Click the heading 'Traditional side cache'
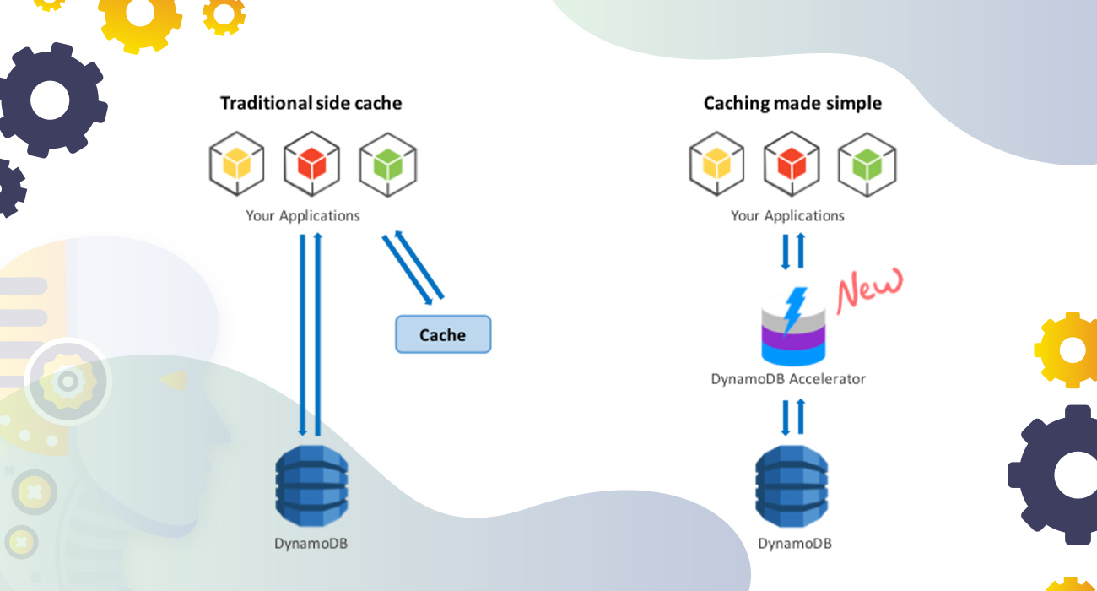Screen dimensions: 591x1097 [311, 103]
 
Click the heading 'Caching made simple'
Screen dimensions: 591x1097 [792, 103]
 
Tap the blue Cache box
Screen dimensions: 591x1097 [443, 334]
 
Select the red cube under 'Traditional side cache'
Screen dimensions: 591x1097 [311, 164]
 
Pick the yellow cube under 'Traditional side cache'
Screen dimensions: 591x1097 [237, 164]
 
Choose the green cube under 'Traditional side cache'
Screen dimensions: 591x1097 [387, 164]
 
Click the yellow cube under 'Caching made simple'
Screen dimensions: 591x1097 [717, 164]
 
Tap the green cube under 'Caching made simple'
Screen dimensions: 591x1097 [867, 164]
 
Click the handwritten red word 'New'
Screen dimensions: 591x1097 [869, 289]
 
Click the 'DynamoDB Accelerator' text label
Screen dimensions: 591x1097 [788, 379]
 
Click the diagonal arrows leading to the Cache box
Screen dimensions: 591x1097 [413, 267]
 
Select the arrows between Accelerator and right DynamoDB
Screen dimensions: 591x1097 [792, 417]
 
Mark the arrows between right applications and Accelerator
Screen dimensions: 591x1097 [792, 250]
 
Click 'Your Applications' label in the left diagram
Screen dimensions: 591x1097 [303, 215]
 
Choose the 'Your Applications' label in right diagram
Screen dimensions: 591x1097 [787, 215]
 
